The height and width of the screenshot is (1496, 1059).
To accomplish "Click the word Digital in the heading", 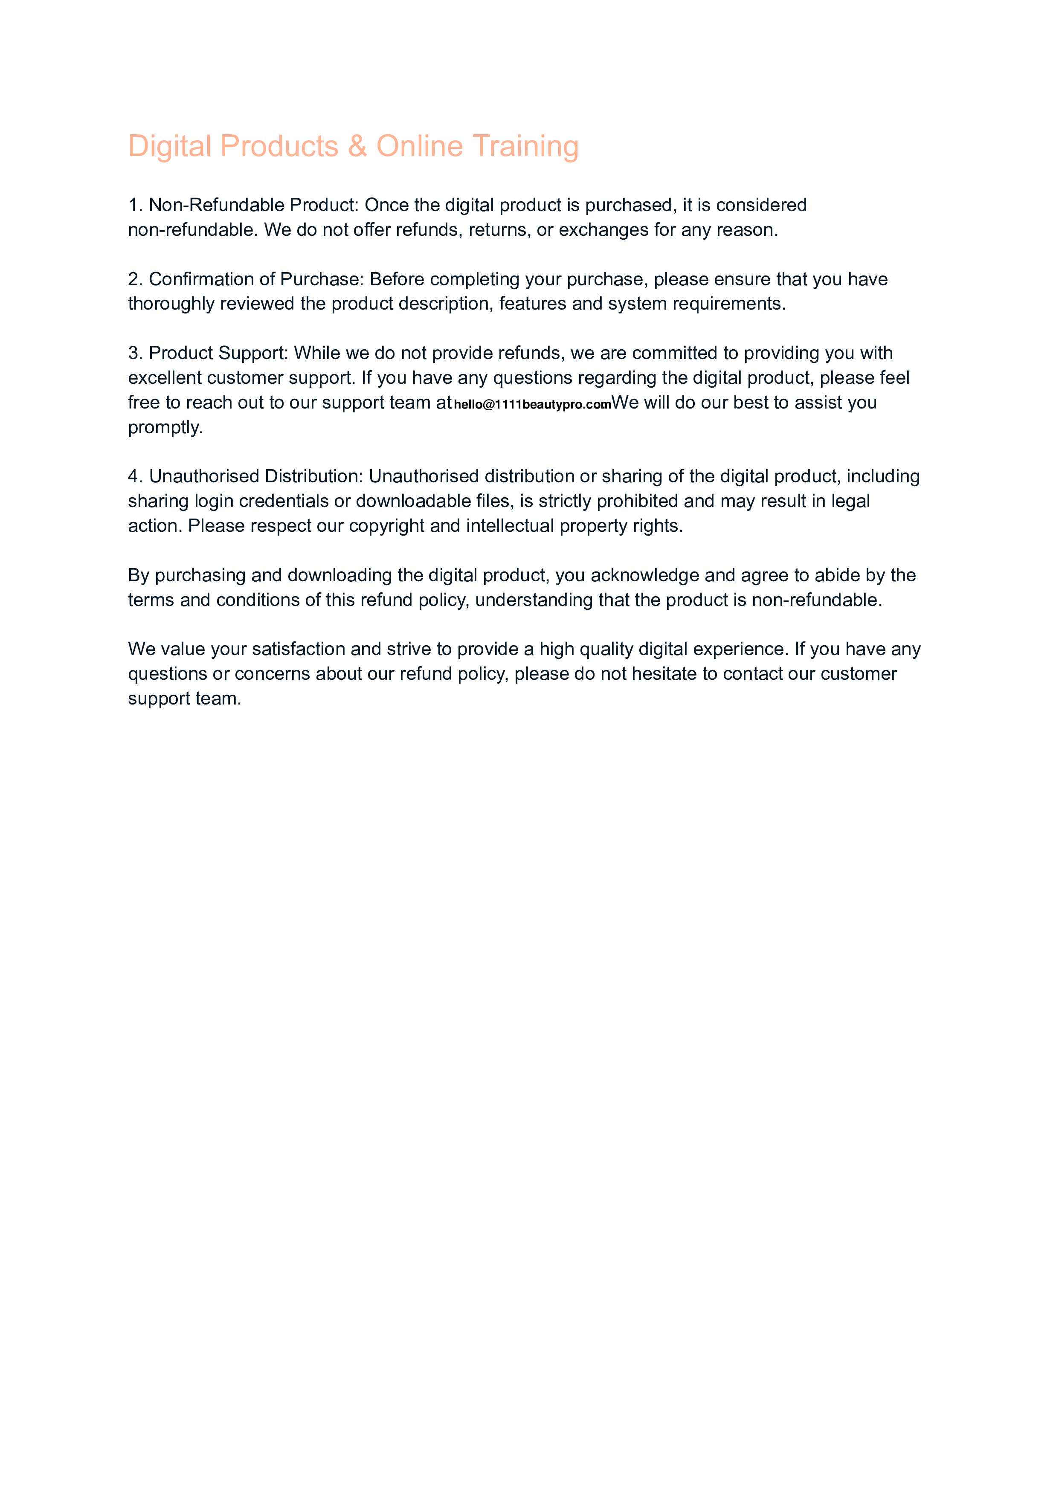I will [168, 146].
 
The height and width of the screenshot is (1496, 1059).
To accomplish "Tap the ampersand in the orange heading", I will [357, 146].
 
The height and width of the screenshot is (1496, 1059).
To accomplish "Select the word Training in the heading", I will [525, 146].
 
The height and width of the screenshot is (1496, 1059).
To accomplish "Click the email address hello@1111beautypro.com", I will [532, 404].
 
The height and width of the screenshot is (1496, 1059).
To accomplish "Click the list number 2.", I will [134, 280].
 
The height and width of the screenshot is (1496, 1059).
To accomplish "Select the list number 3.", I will [134, 353].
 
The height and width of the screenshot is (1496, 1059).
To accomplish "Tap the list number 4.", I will [134, 476].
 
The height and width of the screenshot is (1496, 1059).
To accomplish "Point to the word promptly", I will [165, 428].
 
